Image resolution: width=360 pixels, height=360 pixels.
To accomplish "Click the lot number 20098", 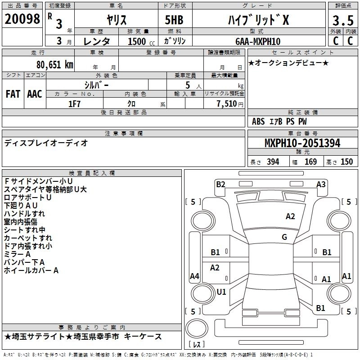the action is tap(22, 19).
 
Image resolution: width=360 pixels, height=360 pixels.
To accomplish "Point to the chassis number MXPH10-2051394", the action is tap(302, 143).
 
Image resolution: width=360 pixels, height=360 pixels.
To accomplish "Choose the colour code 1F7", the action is tap(74, 103).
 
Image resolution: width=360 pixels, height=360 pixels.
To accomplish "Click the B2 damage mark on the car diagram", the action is tap(220, 184).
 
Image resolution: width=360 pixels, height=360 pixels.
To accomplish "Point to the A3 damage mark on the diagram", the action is tap(321, 184).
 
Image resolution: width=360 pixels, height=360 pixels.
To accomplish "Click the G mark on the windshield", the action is tap(284, 237).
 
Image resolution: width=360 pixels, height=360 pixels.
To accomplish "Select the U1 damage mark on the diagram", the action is tap(221, 292).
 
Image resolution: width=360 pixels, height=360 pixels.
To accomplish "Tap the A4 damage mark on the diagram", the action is tap(194, 276).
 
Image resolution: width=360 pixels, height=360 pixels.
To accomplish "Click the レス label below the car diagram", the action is tap(196, 345).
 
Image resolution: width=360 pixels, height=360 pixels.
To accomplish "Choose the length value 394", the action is tap(273, 162).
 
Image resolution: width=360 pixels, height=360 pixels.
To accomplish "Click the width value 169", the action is tap(310, 162).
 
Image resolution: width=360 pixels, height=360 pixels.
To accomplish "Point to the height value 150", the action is tap(346, 162).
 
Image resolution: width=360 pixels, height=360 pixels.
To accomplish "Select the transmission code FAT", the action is tap(13, 94).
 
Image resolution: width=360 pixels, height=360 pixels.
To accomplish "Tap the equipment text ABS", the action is tap(258, 121).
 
